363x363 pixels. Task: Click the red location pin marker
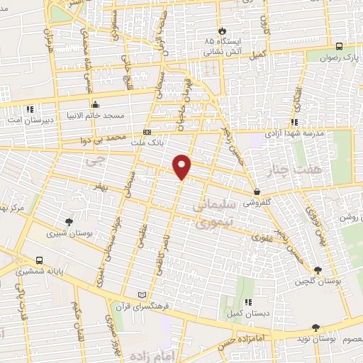pyautogui.click(x=182, y=166)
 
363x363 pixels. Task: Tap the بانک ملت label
pyautogui.click(x=147, y=143)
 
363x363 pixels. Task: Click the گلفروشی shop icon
pyautogui.click(x=257, y=191)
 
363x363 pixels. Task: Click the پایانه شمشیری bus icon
pyautogui.click(x=38, y=259)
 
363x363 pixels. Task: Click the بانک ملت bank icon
pyautogui.click(x=147, y=132)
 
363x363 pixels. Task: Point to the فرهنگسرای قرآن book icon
pyautogui.click(x=142, y=294)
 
